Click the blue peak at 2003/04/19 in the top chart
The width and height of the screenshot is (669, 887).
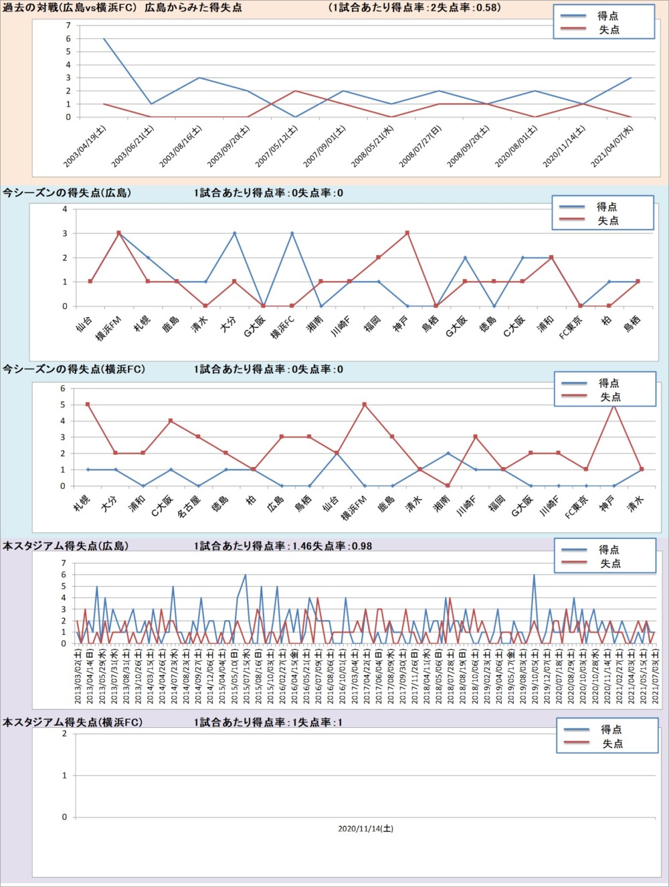click(104, 39)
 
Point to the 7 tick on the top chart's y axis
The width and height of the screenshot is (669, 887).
click(68, 25)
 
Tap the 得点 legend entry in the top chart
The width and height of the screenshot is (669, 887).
click(607, 15)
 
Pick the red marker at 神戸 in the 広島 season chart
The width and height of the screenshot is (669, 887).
click(407, 233)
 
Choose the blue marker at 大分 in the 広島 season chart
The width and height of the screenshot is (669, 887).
click(234, 233)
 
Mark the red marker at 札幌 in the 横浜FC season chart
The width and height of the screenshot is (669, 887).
click(88, 405)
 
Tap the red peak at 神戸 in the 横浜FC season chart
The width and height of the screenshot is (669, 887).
click(613, 405)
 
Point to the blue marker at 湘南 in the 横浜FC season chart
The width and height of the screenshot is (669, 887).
click(448, 454)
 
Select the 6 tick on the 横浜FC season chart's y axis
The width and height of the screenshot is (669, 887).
click(63, 389)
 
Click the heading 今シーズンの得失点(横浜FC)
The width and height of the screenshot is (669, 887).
click(74, 369)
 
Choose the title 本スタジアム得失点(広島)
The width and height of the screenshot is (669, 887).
click(66, 546)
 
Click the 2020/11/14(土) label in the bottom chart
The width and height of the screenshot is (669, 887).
click(365, 829)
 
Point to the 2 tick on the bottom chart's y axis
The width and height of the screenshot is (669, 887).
click(64, 734)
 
